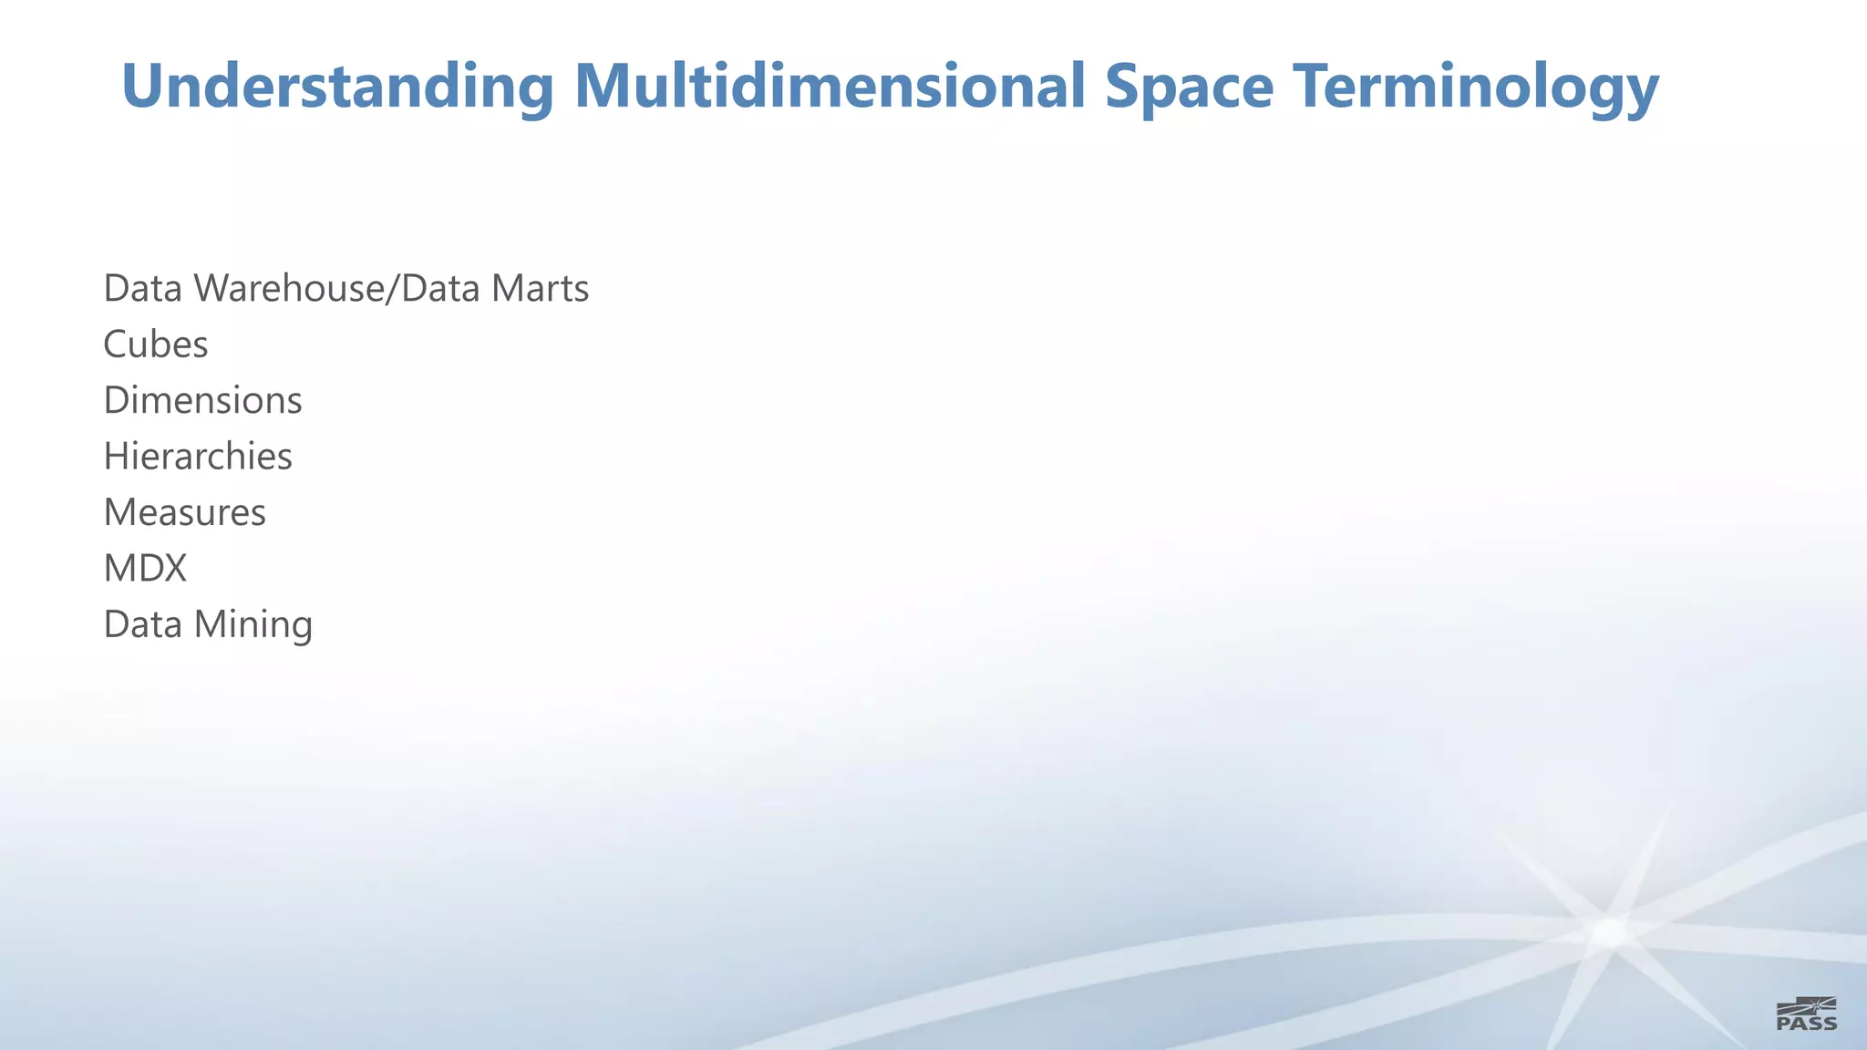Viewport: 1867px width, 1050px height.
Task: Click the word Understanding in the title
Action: [x=337, y=87]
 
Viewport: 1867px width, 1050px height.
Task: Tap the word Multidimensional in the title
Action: [x=829, y=87]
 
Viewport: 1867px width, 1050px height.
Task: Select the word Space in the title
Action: [x=1189, y=87]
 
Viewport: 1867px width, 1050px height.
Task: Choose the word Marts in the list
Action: [x=540, y=289]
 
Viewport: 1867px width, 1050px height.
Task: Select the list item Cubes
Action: [x=156, y=345]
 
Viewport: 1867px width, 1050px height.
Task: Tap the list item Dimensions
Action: [x=202, y=401]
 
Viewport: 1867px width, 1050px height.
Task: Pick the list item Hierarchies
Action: [x=198, y=457]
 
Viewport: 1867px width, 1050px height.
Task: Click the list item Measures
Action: [x=185, y=512]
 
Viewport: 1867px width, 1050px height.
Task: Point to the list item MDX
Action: [x=145, y=569]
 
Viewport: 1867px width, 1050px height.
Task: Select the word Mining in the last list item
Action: [x=253, y=625]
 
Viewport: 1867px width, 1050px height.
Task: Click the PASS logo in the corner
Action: [x=1806, y=1014]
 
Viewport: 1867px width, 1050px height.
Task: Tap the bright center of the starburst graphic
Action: [x=1612, y=932]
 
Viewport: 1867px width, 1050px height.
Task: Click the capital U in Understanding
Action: [x=142, y=87]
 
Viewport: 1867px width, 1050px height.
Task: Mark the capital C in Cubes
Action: [x=115, y=345]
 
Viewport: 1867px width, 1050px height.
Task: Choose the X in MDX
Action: [x=173, y=569]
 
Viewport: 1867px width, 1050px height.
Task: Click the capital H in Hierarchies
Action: [x=117, y=457]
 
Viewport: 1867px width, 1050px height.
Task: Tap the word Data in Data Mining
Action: [x=142, y=625]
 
